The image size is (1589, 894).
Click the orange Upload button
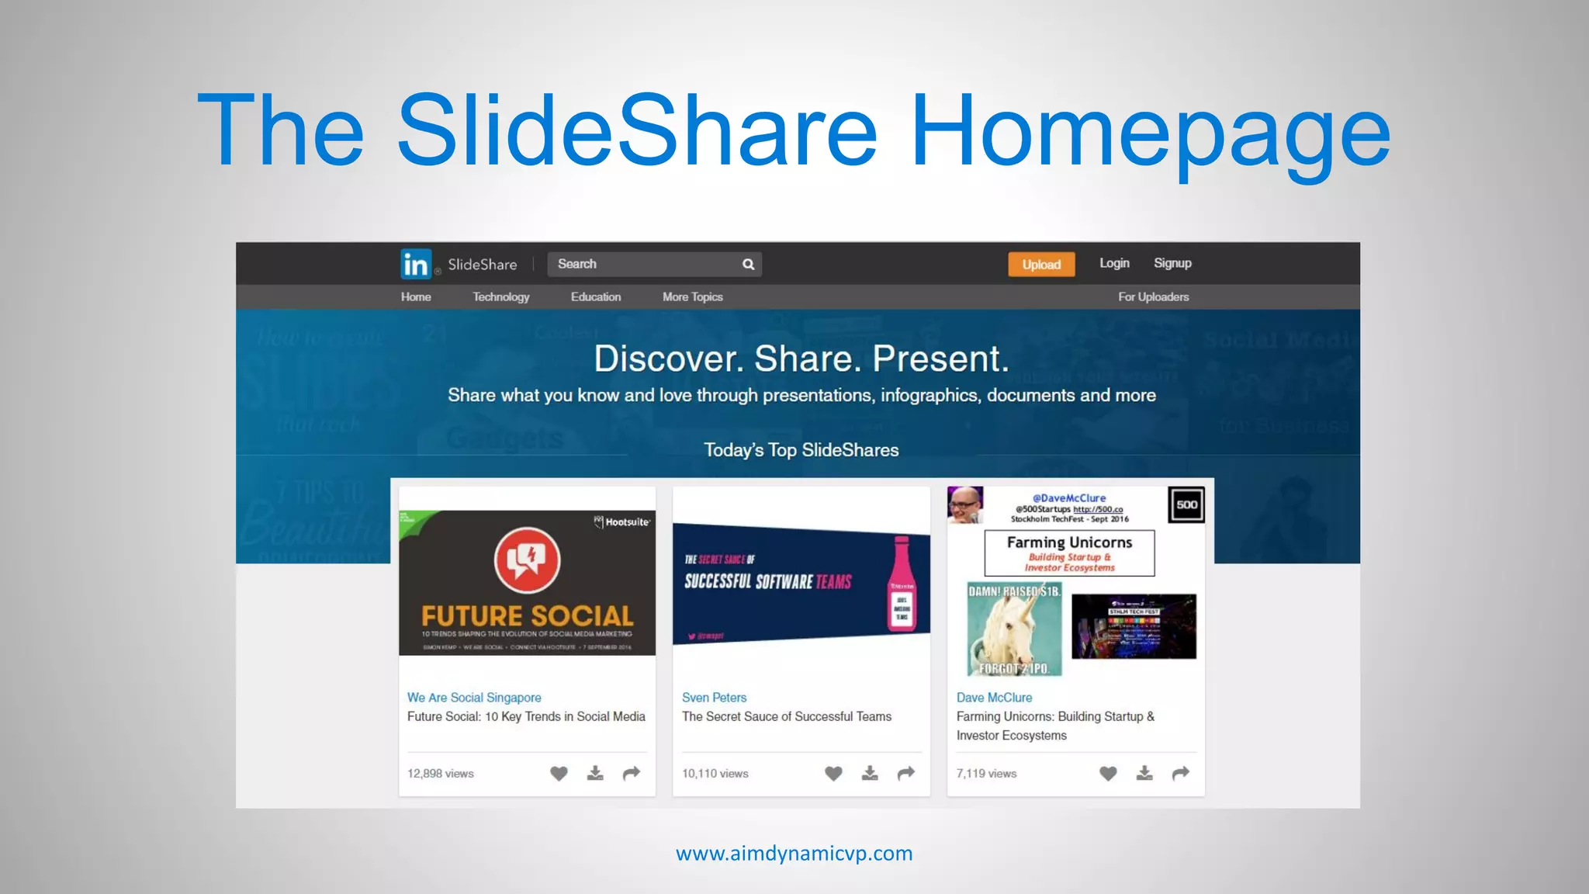1041,265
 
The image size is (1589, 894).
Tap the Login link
1114,263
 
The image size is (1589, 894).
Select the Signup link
1172,263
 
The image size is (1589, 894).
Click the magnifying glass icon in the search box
748,265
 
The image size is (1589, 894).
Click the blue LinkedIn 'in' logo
416,265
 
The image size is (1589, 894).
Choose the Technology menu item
500,296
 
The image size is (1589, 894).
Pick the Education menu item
596,296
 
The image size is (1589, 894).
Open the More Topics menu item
692,296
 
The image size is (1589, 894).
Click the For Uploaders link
1153,296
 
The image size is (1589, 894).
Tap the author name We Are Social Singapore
474,698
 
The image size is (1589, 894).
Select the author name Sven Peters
714,698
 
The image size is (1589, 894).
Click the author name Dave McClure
994,698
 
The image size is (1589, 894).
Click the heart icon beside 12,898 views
559,773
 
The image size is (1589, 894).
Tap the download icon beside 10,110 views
870,773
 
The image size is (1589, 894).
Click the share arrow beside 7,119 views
1180,773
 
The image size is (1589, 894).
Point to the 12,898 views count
440,774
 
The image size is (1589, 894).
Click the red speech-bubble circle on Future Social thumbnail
527,560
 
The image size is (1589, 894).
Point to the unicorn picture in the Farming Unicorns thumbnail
1014,629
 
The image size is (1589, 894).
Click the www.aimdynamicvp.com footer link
794,854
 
